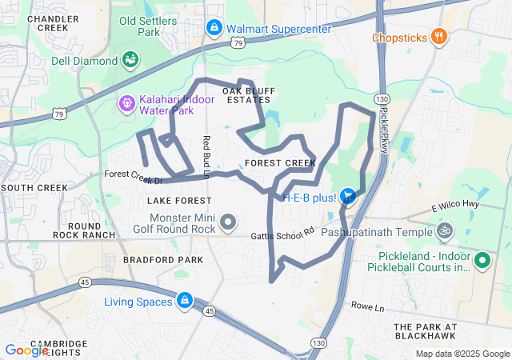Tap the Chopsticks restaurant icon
coord(438,37)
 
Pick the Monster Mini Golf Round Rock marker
coord(228,222)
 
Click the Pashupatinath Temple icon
coord(445,232)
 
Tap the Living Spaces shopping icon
coord(184,301)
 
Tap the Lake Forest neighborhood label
coord(180,200)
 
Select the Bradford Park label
coord(163,260)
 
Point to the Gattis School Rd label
coord(283,234)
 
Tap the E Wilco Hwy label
coord(454,207)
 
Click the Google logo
coord(26,350)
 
